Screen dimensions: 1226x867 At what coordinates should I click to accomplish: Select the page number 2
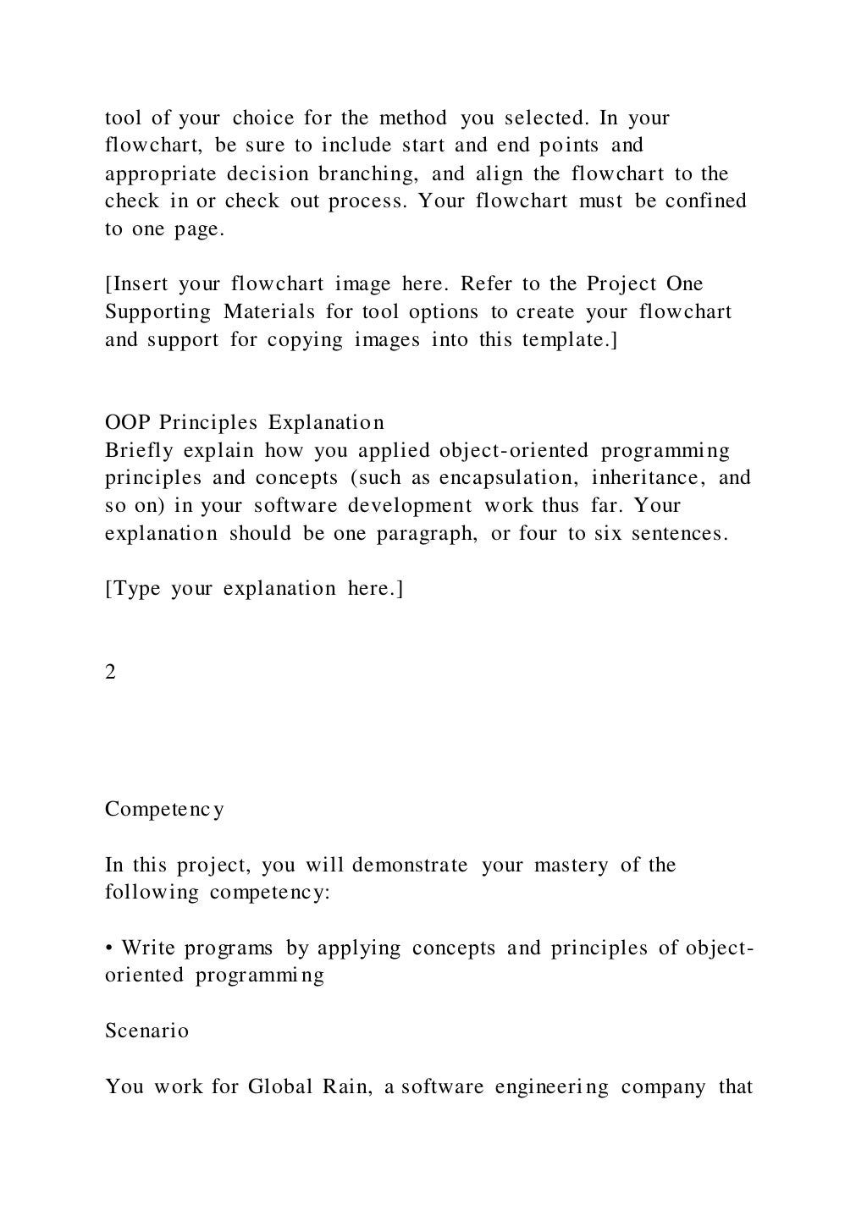click(x=111, y=672)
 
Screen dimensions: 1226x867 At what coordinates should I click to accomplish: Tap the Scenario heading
click(x=146, y=1031)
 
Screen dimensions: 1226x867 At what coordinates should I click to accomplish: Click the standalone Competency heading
click(x=164, y=810)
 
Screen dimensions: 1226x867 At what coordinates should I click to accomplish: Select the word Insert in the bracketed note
click(x=137, y=284)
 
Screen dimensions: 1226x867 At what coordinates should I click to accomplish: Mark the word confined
click(x=706, y=201)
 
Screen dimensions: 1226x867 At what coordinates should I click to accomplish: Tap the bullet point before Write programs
click(x=110, y=948)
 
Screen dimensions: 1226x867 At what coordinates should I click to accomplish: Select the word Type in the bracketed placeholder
click(x=135, y=589)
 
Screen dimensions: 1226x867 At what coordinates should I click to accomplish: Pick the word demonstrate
click(x=410, y=866)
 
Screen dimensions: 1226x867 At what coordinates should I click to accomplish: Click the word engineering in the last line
click(x=552, y=1086)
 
